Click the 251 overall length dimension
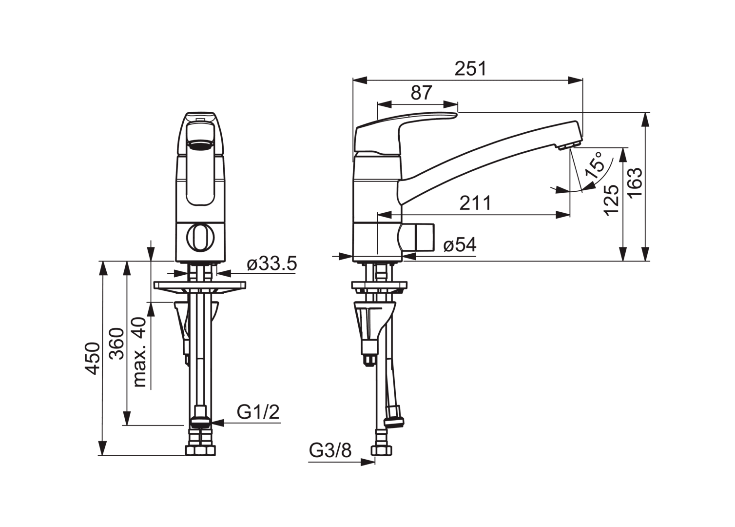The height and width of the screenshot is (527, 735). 470,69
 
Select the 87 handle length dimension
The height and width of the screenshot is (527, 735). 421,93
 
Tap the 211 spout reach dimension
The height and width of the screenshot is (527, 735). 475,203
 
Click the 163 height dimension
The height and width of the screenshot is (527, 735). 635,182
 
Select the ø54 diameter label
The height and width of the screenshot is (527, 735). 460,245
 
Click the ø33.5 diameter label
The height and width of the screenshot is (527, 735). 271,263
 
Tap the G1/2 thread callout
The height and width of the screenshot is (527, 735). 258,412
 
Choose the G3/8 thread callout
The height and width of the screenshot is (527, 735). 330,450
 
